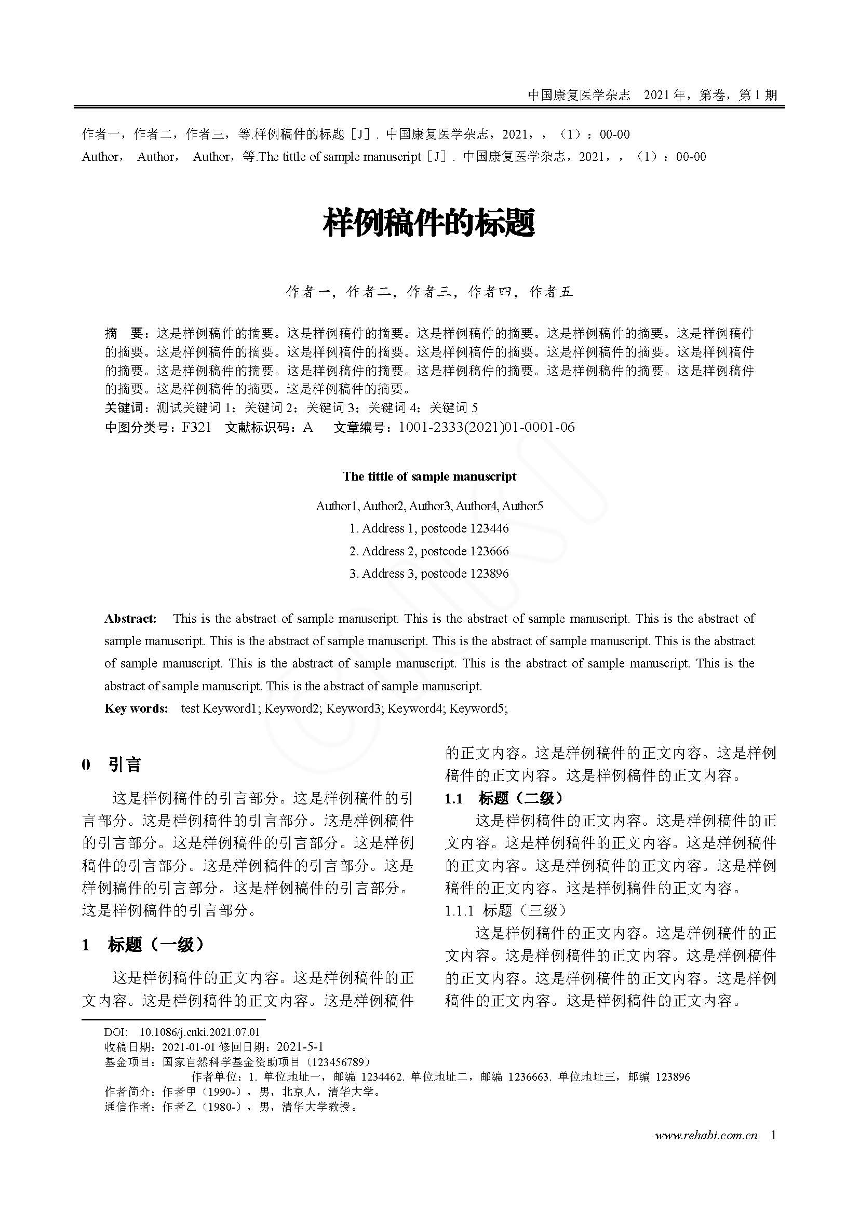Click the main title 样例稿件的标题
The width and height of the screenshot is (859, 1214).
tap(429, 223)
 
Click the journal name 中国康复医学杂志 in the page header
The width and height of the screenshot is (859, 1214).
tap(579, 95)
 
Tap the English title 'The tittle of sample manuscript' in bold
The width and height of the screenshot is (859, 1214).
tap(429, 476)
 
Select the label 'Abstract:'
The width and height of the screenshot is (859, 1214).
tap(131, 619)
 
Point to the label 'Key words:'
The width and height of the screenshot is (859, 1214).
tap(136, 708)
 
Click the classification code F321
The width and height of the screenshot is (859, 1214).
tap(196, 427)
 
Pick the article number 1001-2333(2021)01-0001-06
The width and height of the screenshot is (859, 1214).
tap(487, 427)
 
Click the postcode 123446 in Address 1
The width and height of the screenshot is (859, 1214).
tap(489, 528)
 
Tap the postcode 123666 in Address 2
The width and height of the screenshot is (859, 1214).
tap(489, 551)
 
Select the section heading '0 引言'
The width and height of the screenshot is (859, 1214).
tap(112, 765)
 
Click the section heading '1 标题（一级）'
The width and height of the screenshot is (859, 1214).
tap(143, 944)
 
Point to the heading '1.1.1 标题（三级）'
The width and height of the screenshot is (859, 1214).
tap(506, 910)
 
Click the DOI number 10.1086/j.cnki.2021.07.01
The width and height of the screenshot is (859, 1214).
tap(199, 1032)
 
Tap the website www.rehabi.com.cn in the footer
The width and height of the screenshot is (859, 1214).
tap(706, 1135)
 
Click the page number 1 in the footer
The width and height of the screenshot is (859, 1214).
tap(773, 1135)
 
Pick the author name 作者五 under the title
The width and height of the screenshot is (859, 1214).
tap(551, 292)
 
